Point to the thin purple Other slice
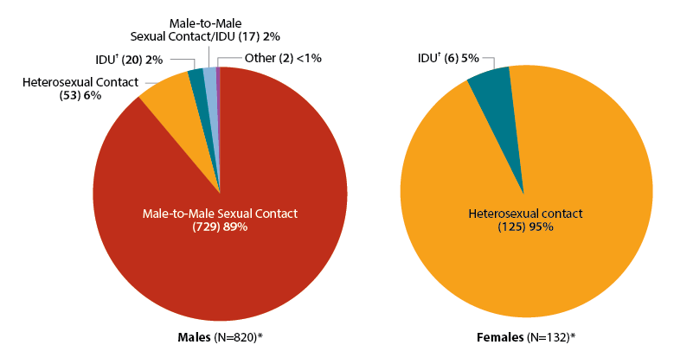pos(218,86)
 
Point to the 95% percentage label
pos(541,227)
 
